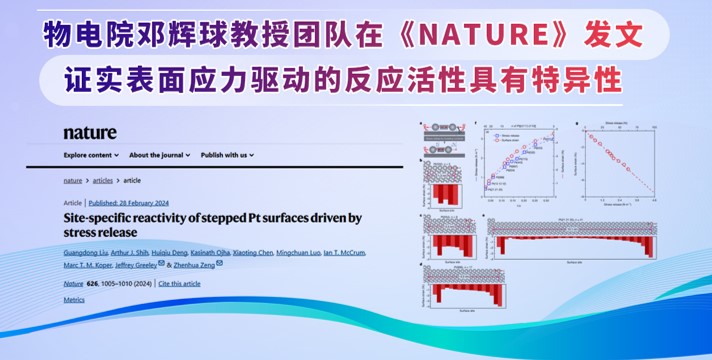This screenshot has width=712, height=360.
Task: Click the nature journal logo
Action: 90,133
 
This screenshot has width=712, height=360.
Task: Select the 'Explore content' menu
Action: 89,156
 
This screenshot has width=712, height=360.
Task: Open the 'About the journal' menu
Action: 159,156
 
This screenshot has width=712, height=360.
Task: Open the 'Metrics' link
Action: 74,299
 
